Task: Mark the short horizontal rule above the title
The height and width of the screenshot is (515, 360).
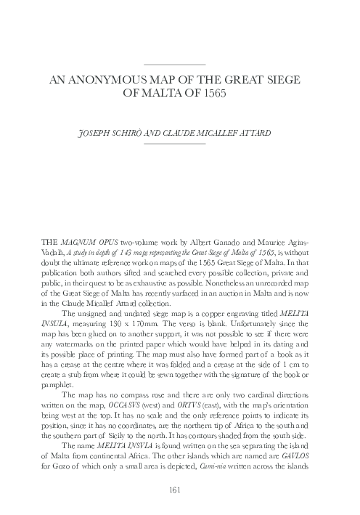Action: (175, 65)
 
